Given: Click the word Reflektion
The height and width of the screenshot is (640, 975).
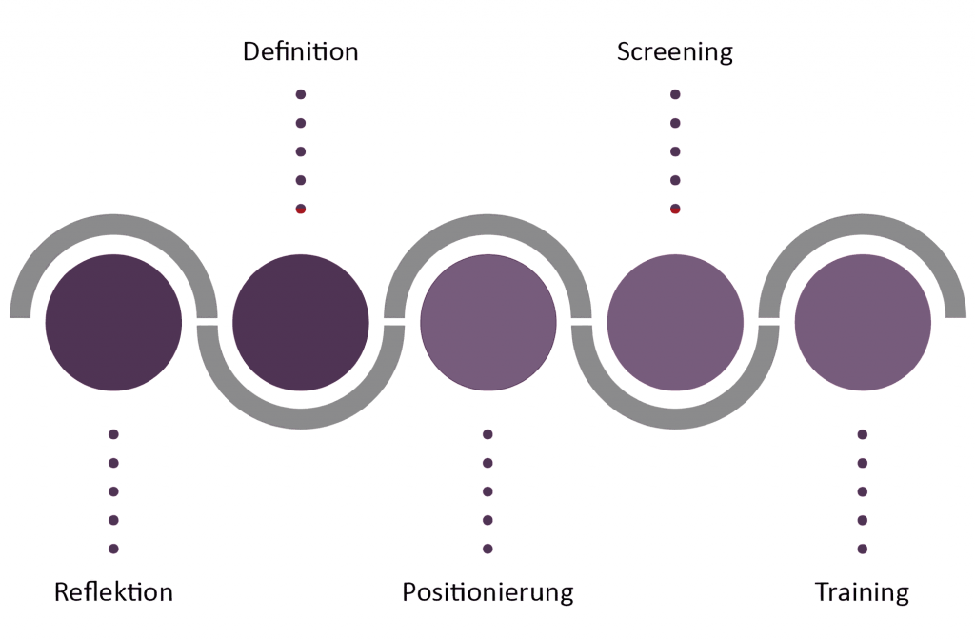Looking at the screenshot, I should (113, 592).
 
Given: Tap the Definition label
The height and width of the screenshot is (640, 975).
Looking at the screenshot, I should (300, 50).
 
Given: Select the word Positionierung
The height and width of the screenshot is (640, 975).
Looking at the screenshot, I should (487, 592).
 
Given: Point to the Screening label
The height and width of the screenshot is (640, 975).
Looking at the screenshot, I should (674, 50).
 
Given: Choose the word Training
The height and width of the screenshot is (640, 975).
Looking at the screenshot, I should (862, 592).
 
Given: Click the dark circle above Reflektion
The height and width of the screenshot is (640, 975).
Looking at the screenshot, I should (113, 322).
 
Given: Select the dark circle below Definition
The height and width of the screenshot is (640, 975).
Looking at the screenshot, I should (300, 322).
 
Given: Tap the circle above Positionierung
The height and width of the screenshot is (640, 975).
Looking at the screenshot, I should (487, 322).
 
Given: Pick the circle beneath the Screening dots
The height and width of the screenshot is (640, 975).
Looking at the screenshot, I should (674, 322).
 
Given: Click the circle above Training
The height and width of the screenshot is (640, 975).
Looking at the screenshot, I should (862, 322).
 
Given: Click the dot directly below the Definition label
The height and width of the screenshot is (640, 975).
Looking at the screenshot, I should (300, 94).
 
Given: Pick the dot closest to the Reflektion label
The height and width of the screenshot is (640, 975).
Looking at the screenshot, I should (113, 549).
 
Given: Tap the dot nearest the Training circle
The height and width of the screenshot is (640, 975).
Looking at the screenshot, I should (862, 434).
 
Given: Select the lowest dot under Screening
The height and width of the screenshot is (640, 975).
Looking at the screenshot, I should (675, 209).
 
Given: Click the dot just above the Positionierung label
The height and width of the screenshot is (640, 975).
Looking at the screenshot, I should (487, 549).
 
